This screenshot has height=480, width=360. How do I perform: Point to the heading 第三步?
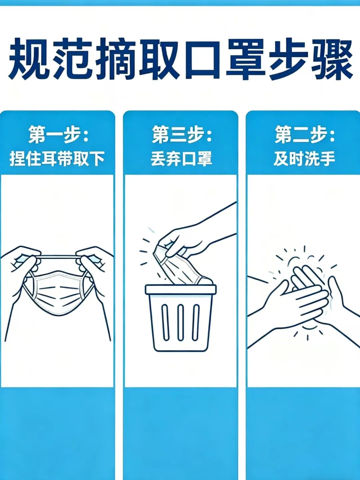tap(182, 134)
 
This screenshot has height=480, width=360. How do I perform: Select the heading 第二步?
tap(304, 134)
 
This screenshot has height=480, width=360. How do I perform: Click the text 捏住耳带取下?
tap(57, 158)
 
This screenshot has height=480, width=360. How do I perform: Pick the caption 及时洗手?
tap(304, 158)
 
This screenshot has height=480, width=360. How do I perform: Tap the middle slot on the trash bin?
tap(180, 322)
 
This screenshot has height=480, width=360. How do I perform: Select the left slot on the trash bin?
tap(165, 322)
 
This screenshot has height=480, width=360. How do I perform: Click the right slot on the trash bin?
tap(196, 322)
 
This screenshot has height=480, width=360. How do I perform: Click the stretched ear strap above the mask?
tap(58, 258)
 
